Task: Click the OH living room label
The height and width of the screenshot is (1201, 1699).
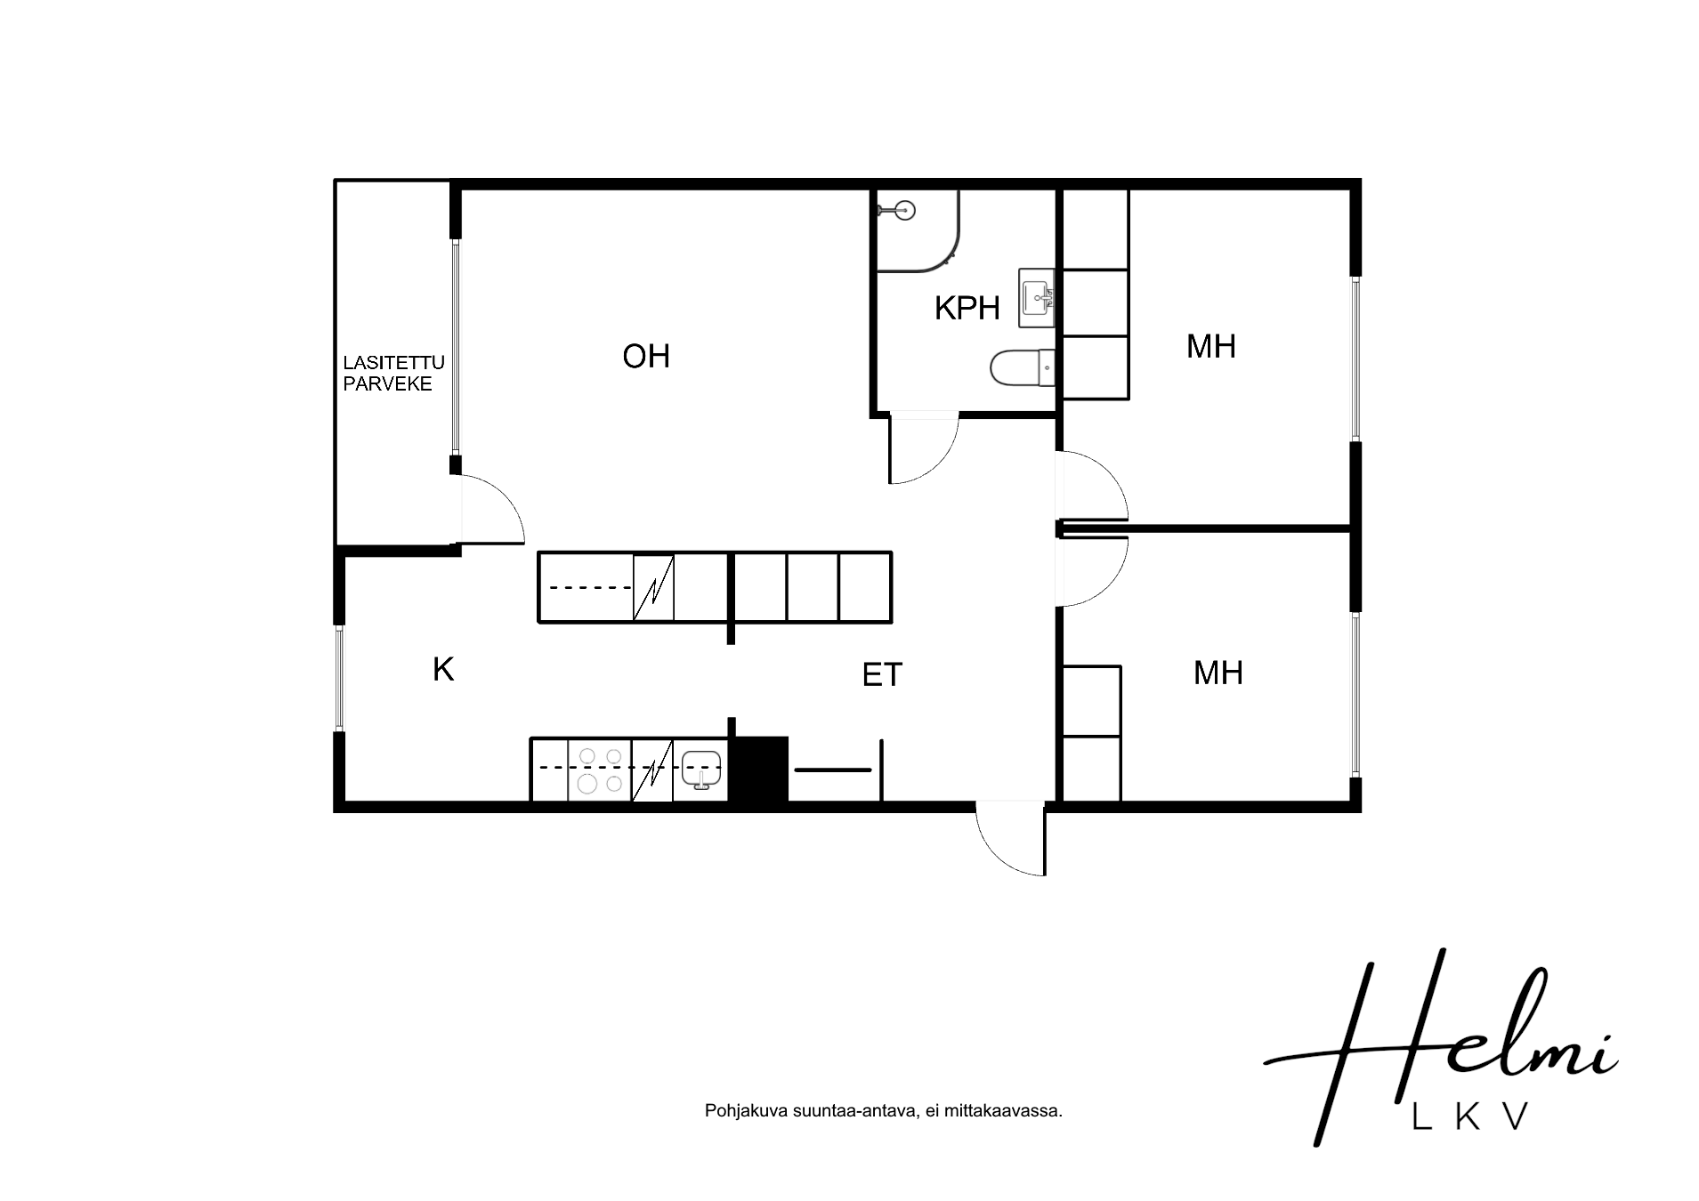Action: pos(645,357)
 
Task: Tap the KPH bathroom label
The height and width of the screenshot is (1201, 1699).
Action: pos(967,309)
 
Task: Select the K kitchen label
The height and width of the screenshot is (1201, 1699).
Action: pos(443,669)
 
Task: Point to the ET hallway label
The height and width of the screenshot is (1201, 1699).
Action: pos(882,675)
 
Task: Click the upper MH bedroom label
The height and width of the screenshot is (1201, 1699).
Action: pos(1211,346)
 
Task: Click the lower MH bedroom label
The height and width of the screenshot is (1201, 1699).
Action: pos(1218,673)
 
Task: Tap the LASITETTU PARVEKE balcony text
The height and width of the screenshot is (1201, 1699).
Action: pos(393,374)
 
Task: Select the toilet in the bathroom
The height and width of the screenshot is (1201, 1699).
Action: pos(1023,367)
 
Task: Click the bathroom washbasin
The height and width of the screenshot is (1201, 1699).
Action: pos(1037,297)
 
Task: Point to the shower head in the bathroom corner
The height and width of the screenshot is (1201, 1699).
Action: pos(897,210)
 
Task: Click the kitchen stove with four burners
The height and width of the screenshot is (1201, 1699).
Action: pos(599,770)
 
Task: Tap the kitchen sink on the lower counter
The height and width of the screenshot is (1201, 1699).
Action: pos(700,770)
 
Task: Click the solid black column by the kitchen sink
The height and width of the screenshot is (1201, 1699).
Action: pos(758,770)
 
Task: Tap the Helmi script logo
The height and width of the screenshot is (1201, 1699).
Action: pos(1440,1045)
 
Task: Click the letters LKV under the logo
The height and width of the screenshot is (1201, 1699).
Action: pos(1471,1116)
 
